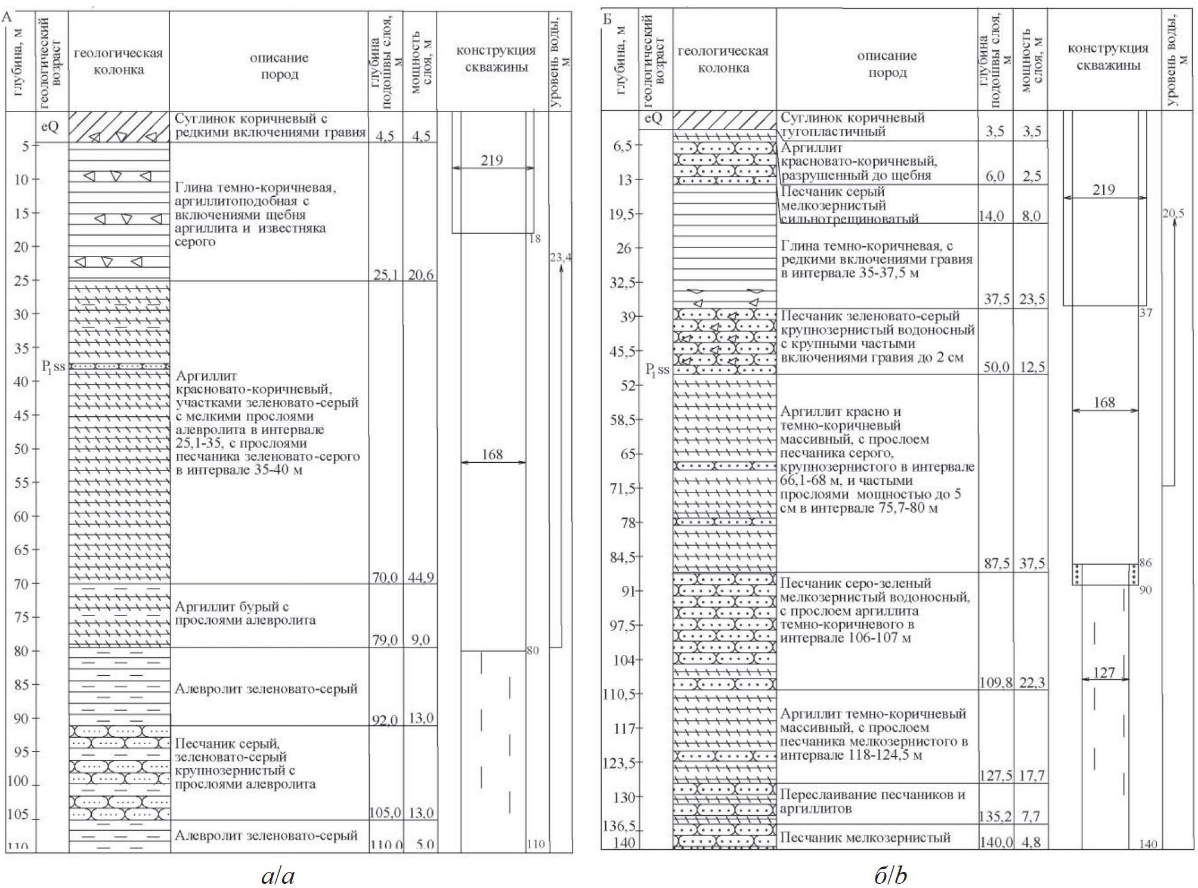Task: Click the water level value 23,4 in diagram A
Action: tap(560, 258)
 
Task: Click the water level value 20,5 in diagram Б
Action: tap(1173, 214)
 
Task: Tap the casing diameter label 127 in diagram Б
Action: tap(1104, 673)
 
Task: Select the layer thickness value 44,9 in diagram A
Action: tap(420, 577)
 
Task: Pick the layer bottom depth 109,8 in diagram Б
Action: tap(995, 683)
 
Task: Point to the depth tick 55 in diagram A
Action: tap(22, 482)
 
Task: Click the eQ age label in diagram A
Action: tap(50, 127)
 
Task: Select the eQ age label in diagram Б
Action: tap(654, 118)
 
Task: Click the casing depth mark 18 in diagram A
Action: tap(534, 239)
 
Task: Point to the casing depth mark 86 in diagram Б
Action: tap(1145, 562)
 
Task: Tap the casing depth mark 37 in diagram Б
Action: tap(1146, 312)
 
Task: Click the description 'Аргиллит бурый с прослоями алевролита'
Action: tap(245, 613)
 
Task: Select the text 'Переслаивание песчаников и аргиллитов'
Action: tap(872, 802)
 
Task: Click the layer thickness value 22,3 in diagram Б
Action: tap(1031, 683)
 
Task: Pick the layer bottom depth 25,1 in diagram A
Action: tap(385, 275)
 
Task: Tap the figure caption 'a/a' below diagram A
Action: tap(278, 875)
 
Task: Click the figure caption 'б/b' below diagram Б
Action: tap(890, 875)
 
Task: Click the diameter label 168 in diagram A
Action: tap(492, 454)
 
